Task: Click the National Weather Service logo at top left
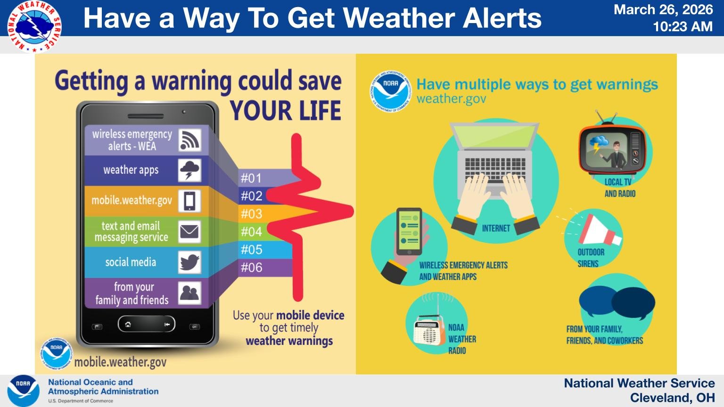tap(34, 26)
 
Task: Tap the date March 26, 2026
tap(663, 9)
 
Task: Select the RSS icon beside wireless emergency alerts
tap(189, 140)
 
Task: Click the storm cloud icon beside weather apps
tap(189, 170)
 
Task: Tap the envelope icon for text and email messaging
tap(189, 232)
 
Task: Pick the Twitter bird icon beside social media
tap(189, 262)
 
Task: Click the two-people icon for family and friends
tap(189, 293)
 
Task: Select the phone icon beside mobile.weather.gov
tap(189, 201)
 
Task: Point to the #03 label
tap(251, 214)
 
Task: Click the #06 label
tap(251, 268)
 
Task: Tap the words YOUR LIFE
tap(285, 111)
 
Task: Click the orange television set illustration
tap(612, 150)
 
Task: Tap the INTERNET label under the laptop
tap(496, 228)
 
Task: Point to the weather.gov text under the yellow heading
tap(451, 99)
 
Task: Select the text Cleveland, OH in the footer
tap(672, 398)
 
